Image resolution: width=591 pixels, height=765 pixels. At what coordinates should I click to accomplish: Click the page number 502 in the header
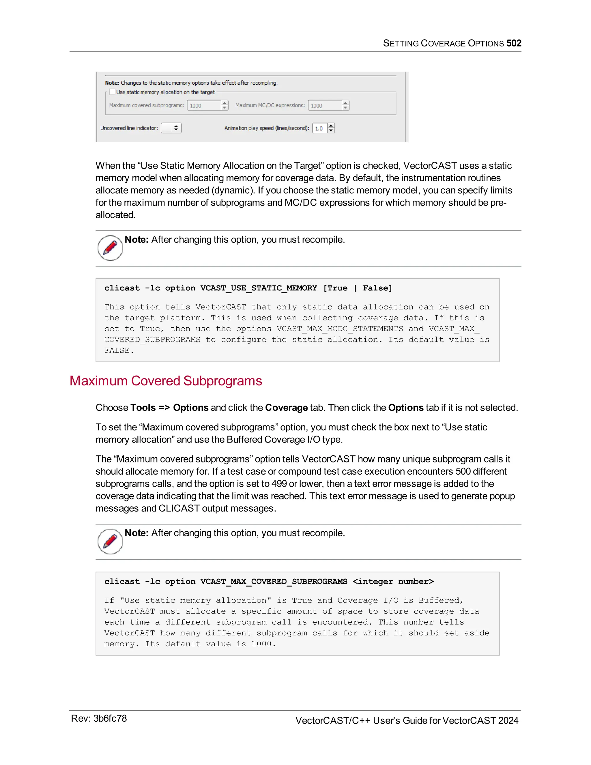tap(514, 43)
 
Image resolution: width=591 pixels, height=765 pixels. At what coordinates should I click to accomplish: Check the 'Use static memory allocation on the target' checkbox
tap(112, 92)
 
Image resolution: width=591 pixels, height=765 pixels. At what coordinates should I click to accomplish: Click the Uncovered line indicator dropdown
tap(171, 128)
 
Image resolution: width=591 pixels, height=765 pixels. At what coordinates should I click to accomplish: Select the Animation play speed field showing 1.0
tap(320, 128)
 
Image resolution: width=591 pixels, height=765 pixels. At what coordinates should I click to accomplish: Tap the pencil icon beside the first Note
tap(110, 248)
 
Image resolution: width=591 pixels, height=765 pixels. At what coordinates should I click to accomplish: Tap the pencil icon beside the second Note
tap(110, 541)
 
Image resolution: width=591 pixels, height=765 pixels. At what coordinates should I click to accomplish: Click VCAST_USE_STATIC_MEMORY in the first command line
tap(258, 288)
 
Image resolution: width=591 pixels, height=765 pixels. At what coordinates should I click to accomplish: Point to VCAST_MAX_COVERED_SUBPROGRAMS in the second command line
tap(274, 581)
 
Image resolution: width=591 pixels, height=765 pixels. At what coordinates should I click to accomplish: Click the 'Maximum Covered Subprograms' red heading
tap(166, 381)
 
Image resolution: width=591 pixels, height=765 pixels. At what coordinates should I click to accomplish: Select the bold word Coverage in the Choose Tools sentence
tap(286, 408)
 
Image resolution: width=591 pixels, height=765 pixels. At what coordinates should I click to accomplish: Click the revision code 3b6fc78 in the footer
tap(110, 719)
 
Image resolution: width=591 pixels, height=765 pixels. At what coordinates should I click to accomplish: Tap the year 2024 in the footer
tap(508, 721)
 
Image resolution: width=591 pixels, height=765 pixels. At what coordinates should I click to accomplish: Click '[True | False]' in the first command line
tap(358, 288)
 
